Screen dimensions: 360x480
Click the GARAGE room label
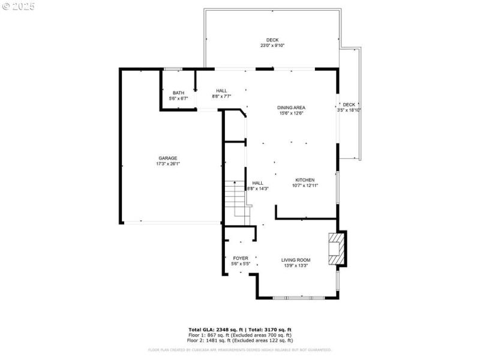[167, 158]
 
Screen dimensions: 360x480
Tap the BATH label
[178, 92]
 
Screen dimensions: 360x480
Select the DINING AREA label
[291, 107]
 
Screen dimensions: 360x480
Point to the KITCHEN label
[305, 180]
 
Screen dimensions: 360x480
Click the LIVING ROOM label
[296, 260]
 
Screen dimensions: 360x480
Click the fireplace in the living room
[336, 248]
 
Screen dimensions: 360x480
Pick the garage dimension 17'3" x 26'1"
[168, 164]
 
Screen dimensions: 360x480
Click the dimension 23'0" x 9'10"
[272, 46]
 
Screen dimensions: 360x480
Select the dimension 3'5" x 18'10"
[349, 110]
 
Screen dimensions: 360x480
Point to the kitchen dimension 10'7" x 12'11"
[305, 185]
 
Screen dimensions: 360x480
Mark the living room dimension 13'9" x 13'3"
[296, 265]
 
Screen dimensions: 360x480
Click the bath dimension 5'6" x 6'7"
[178, 98]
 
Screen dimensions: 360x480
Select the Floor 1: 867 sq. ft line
[240, 335]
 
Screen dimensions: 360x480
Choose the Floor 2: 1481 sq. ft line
[240, 340]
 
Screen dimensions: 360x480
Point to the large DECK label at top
[272, 40]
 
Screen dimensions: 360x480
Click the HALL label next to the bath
[221, 91]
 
